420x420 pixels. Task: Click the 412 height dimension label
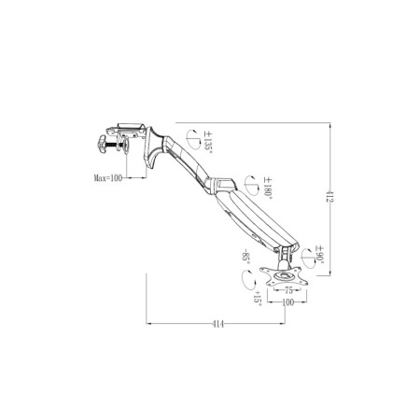[x=328, y=196]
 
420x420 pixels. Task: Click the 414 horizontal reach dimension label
[x=217, y=324]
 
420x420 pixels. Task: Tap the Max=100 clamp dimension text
[x=108, y=178]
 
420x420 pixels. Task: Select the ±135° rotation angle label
[x=208, y=141]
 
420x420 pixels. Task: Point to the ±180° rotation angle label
[x=268, y=187]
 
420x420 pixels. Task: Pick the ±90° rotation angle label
[x=320, y=254]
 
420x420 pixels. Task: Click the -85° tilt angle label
[x=245, y=256]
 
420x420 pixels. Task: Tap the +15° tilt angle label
[x=258, y=298]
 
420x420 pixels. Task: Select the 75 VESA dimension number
[x=288, y=290]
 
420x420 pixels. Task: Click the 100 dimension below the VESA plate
[x=288, y=302]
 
